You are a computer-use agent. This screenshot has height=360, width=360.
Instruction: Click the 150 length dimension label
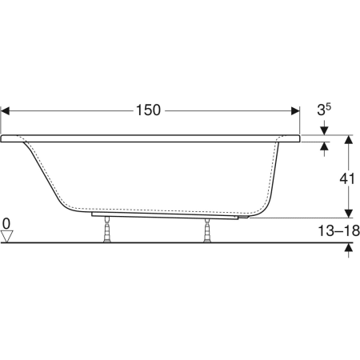tap(148, 110)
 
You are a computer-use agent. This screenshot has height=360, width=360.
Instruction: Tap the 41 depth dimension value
tap(347, 178)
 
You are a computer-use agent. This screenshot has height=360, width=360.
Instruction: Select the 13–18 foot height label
tap(338, 230)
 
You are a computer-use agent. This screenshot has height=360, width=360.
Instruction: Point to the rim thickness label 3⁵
tap(324, 110)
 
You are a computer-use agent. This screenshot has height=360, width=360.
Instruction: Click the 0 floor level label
tap(6, 223)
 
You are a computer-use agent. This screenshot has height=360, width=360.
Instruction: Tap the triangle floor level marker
tap(6, 237)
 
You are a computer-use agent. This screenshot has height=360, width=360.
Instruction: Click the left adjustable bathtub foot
tap(107, 229)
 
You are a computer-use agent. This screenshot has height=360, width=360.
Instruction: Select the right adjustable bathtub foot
tap(207, 230)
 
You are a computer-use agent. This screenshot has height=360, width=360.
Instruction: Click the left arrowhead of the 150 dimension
tap(6, 111)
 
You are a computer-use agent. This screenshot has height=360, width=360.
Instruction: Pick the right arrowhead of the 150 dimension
tap(295, 111)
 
